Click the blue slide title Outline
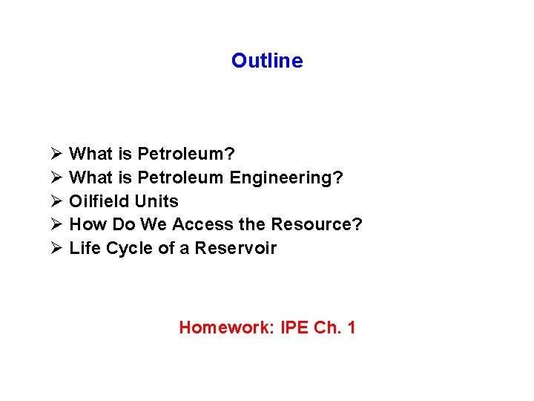point(267,61)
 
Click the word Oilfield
point(99,201)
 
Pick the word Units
point(156,201)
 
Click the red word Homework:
point(227,327)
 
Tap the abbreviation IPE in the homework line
point(294,327)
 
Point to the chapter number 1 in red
point(351,327)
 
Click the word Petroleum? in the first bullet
point(186,154)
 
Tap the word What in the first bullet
point(90,154)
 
